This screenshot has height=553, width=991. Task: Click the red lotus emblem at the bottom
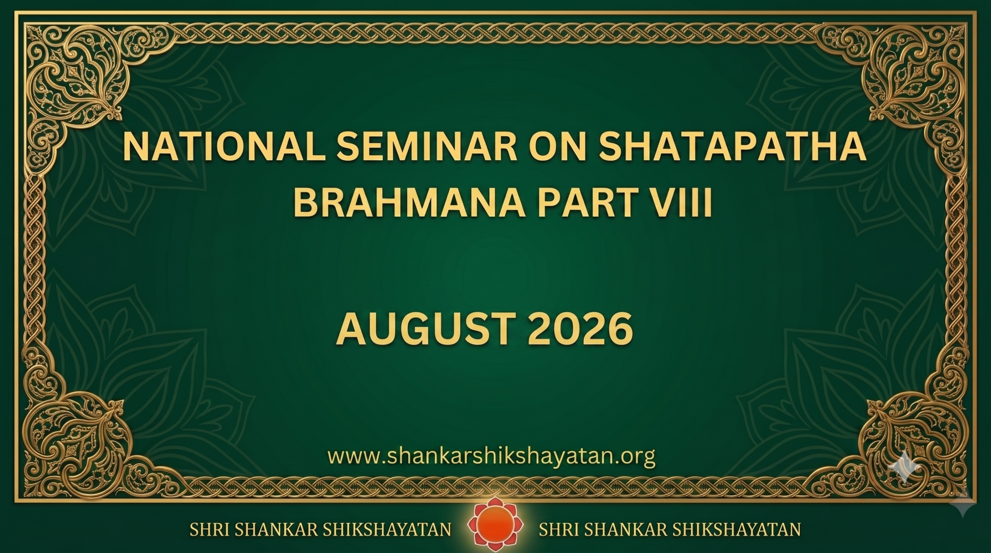coord(495,529)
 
